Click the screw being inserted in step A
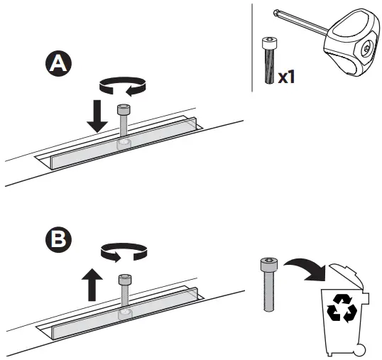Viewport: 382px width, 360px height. coord(123,121)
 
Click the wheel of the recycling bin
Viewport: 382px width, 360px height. coord(362,349)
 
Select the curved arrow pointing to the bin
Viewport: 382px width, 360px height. coord(306,269)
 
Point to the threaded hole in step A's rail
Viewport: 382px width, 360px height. coord(124,145)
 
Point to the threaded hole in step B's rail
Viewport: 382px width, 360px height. coord(124,313)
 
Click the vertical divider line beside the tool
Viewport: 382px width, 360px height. coord(253,46)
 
